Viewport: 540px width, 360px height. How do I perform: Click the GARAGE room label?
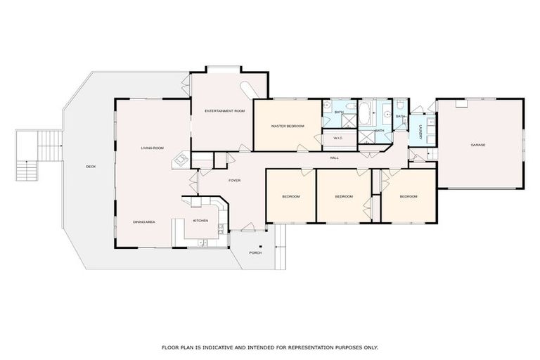pyautogui.click(x=478, y=146)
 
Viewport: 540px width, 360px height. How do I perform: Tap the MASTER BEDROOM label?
pyautogui.click(x=288, y=126)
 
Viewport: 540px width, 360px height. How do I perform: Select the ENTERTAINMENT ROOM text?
pyautogui.click(x=224, y=111)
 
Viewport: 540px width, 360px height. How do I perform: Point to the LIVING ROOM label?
pyautogui.click(x=152, y=148)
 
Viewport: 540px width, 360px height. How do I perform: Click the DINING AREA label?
pyautogui.click(x=143, y=222)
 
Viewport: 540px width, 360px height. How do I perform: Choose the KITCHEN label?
pyautogui.click(x=200, y=221)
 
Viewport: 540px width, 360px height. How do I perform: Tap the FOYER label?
pyautogui.click(x=234, y=181)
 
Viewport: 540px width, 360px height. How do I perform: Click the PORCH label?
pyautogui.click(x=255, y=252)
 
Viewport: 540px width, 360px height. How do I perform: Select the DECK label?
pyautogui.click(x=91, y=167)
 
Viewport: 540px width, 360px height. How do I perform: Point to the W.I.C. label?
pyautogui.click(x=337, y=138)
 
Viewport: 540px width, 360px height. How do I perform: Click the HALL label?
pyautogui.click(x=335, y=157)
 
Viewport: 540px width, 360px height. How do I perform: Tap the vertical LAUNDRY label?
pyautogui.click(x=420, y=132)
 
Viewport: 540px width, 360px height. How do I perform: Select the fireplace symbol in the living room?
pyautogui.click(x=179, y=161)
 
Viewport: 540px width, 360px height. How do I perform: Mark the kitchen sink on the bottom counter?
pyautogui.click(x=202, y=243)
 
